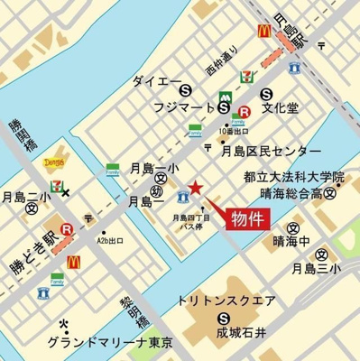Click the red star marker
[x=196, y=189]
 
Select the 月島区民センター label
[x=270, y=151]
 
